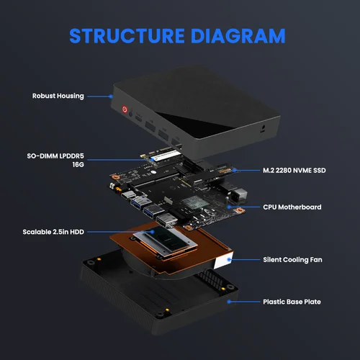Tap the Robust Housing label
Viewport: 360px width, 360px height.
[x=58, y=95]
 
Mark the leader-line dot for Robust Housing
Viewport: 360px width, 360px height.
[x=112, y=95]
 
